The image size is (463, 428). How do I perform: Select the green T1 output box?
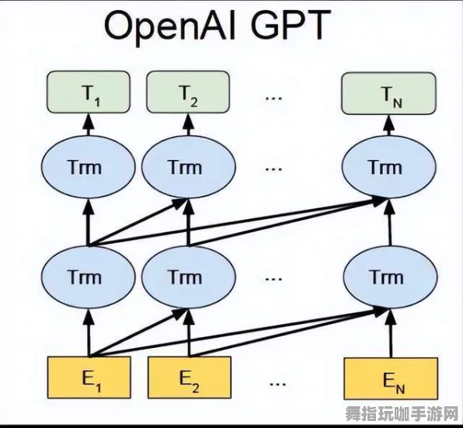(x=87, y=92)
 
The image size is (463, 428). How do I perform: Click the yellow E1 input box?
(x=87, y=378)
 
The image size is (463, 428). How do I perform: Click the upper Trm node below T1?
(x=87, y=168)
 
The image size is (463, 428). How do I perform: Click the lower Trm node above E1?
(x=87, y=277)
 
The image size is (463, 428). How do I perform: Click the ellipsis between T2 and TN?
(x=273, y=97)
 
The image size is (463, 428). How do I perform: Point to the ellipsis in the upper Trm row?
(x=273, y=169)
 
